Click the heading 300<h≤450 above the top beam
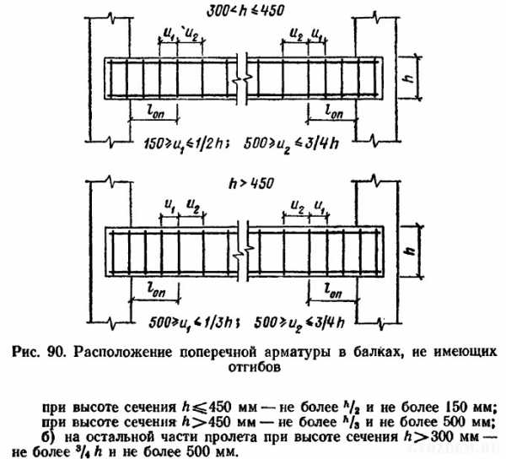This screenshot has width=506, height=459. pos(245,11)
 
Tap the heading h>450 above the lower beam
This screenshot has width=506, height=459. pos(251,184)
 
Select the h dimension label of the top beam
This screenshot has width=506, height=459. pos(409,78)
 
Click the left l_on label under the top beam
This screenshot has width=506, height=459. pos(155,112)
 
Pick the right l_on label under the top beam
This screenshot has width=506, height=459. pos(334,111)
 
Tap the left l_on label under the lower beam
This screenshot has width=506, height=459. pos(156,290)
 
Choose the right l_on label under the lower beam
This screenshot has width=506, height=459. pos(333,291)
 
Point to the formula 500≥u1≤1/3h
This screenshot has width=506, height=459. pos(194,323)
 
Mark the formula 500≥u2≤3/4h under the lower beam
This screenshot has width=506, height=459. pos(299,323)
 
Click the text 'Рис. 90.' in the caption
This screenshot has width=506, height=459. pos(40,352)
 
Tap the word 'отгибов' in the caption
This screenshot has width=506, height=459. pos(255,367)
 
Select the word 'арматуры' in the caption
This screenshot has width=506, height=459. pos(297,353)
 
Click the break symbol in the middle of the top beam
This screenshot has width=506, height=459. pos(242,79)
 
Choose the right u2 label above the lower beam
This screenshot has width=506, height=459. pos(297,205)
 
